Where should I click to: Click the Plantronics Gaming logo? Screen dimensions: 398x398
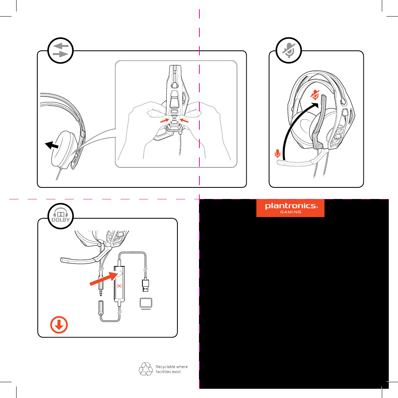pos(290,208)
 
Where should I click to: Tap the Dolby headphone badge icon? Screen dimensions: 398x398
pos(60,216)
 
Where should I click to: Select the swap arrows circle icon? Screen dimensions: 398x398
pos(60,50)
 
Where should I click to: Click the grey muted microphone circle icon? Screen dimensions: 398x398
pos(289,50)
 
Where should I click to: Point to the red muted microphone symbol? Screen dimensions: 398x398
pos(315,95)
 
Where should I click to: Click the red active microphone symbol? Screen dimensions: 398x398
pos(278,154)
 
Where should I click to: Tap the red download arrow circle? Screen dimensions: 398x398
pos(59,325)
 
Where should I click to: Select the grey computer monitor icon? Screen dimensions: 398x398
pos(146,304)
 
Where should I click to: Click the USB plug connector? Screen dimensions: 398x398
pos(145,285)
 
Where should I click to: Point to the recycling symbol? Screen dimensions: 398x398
pos(146,369)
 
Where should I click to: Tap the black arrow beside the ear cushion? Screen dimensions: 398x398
pos(52,145)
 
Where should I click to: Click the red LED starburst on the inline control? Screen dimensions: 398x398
pos(119,286)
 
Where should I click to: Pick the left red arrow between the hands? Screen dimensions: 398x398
pos(165,120)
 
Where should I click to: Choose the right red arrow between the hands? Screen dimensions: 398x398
pos(184,120)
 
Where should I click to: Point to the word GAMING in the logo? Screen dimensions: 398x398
pos(290,212)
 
